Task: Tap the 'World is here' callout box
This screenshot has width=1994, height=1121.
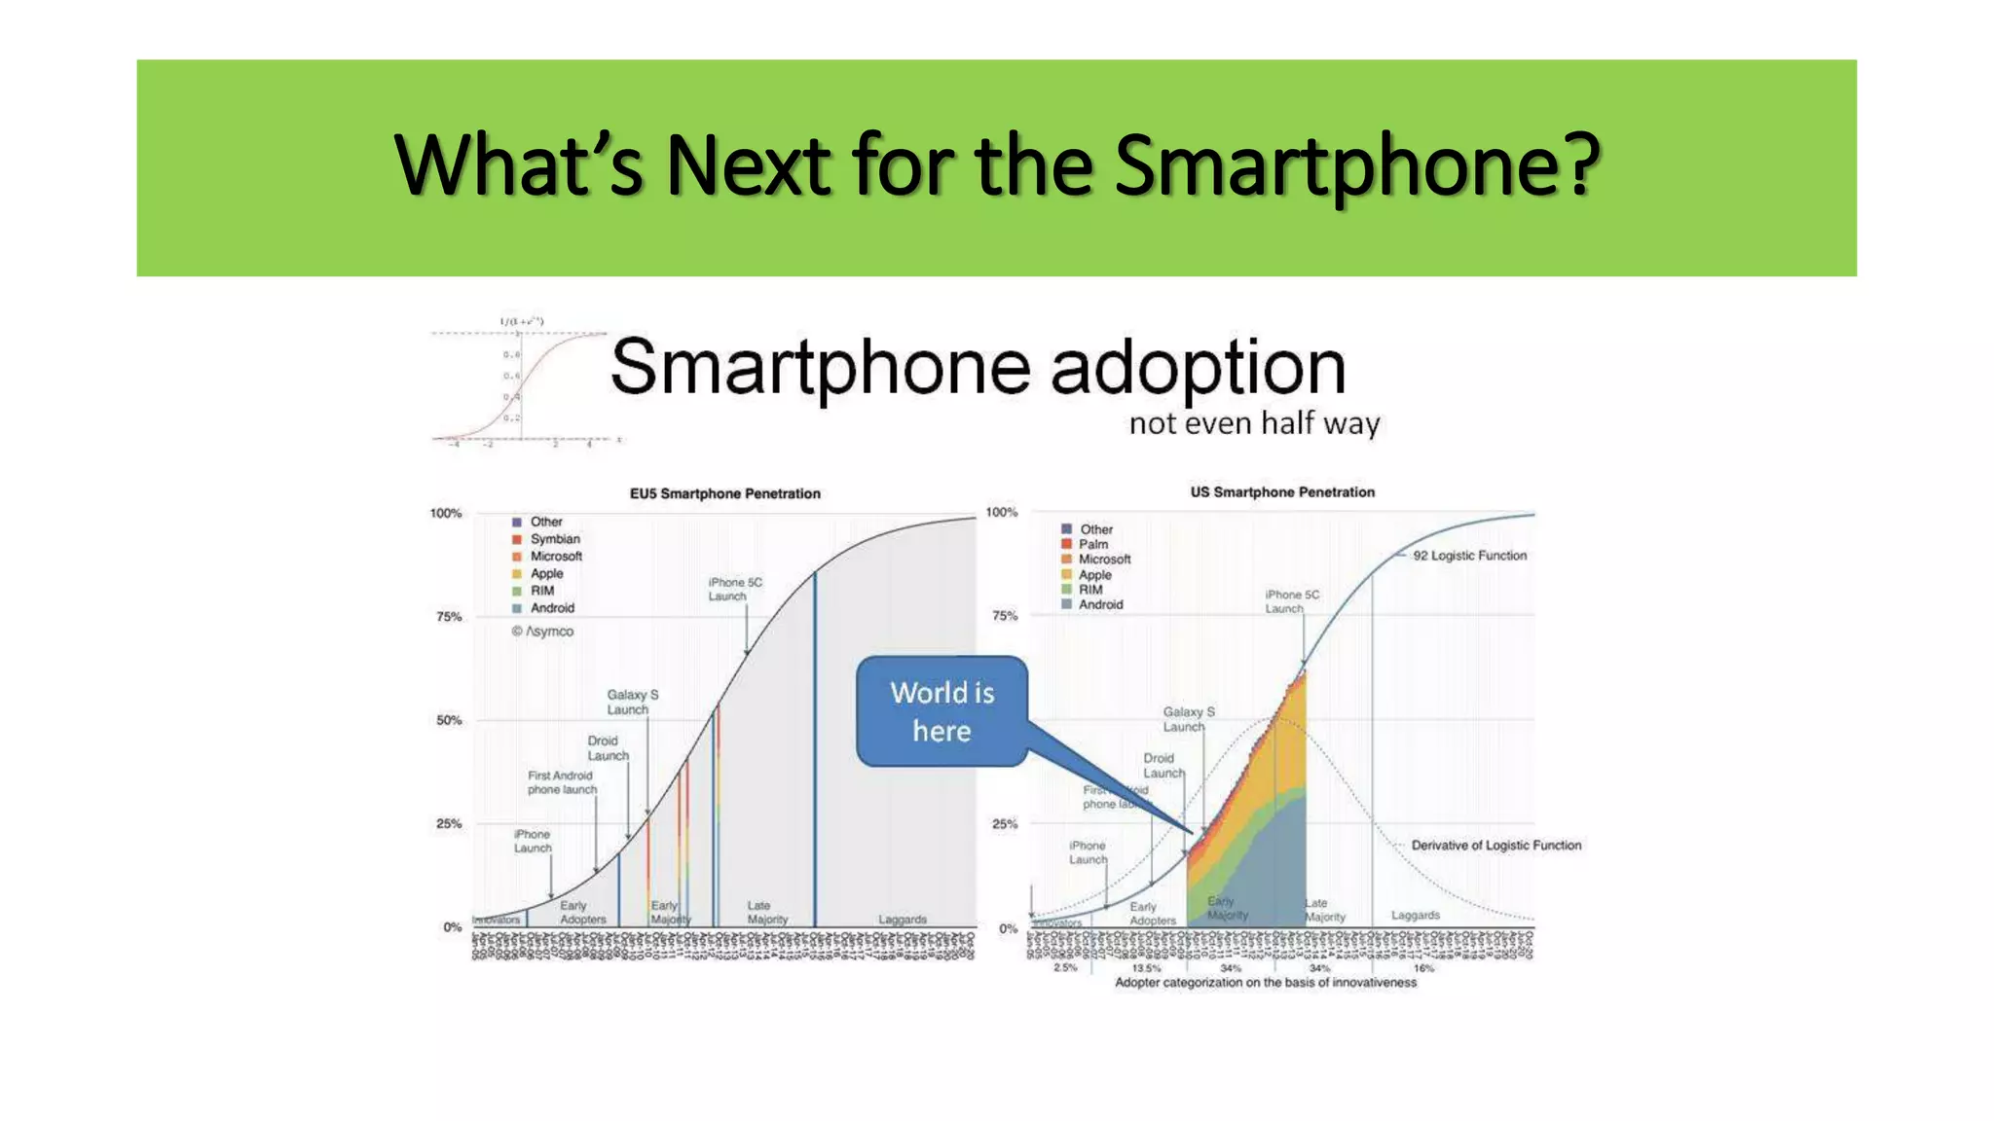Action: click(942, 711)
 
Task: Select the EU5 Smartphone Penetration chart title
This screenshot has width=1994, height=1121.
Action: click(724, 493)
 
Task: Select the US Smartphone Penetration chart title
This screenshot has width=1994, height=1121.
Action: click(1282, 492)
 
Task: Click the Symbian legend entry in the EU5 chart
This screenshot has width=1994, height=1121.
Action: click(554, 539)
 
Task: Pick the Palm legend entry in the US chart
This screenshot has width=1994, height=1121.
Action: click(1092, 544)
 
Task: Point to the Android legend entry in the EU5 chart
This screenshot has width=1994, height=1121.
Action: click(551, 608)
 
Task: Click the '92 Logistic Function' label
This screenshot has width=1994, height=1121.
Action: click(1469, 556)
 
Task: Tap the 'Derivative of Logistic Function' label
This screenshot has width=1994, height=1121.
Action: click(1495, 845)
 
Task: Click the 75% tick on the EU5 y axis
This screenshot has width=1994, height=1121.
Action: click(448, 617)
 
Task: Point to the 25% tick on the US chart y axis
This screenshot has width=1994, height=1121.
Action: click(1004, 824)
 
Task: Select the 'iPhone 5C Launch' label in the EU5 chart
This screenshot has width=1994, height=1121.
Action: click(734, 589)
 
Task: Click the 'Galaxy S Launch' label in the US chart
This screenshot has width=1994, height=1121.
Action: click(1188, 719)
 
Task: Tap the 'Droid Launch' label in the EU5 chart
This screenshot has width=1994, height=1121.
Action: click(608, 747)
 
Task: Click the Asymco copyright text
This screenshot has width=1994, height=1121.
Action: click(543, 632)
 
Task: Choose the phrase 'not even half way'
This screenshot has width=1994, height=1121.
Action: click(1254, 423)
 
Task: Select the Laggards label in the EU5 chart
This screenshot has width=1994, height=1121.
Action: click(902, 920)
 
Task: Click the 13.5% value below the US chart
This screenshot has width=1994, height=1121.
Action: click(1146, 968)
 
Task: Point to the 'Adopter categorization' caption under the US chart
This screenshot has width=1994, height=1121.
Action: click(1265, 983)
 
